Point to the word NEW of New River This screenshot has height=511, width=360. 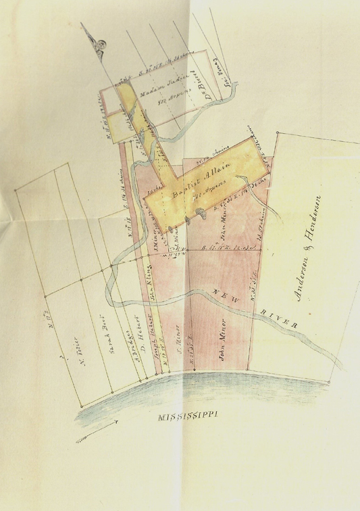[221, 291]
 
